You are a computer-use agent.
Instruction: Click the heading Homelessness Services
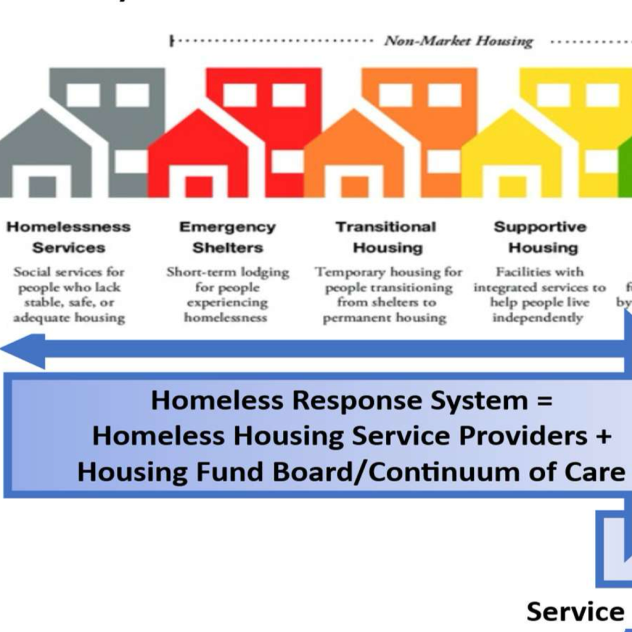coord(68,237)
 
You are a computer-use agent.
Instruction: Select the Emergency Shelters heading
coord(228,237)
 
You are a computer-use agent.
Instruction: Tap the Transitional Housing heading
coord(386,237)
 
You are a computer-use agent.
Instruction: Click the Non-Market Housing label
coord(459,41)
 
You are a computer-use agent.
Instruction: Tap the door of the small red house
coord(198,187)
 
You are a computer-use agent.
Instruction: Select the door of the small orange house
coord(354,187)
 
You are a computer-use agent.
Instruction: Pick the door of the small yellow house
coord(512,187)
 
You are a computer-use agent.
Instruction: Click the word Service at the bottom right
coord(575,612)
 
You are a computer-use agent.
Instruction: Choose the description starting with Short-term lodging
coord(228,295)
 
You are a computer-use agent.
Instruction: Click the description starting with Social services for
coord(69,295)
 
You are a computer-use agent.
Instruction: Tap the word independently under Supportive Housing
coord(537,318)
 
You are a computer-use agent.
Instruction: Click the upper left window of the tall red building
coord(239,95)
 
